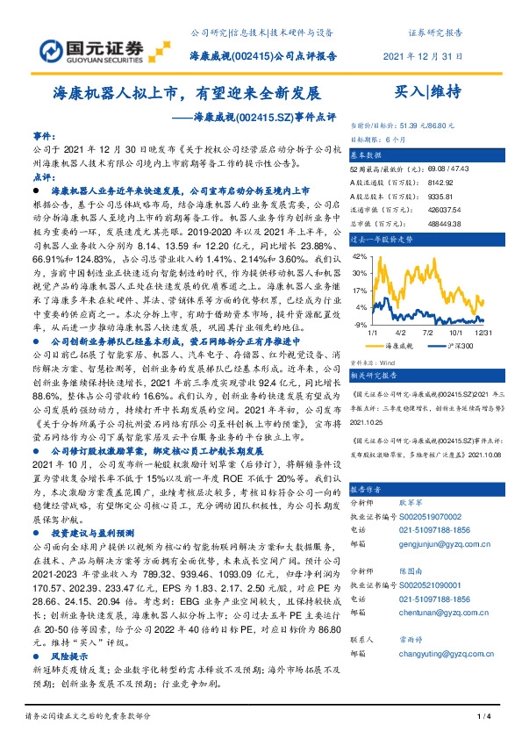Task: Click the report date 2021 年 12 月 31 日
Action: click(422, 56)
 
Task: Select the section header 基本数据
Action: click(368, 152)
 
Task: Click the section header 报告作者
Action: click(368, 513)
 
